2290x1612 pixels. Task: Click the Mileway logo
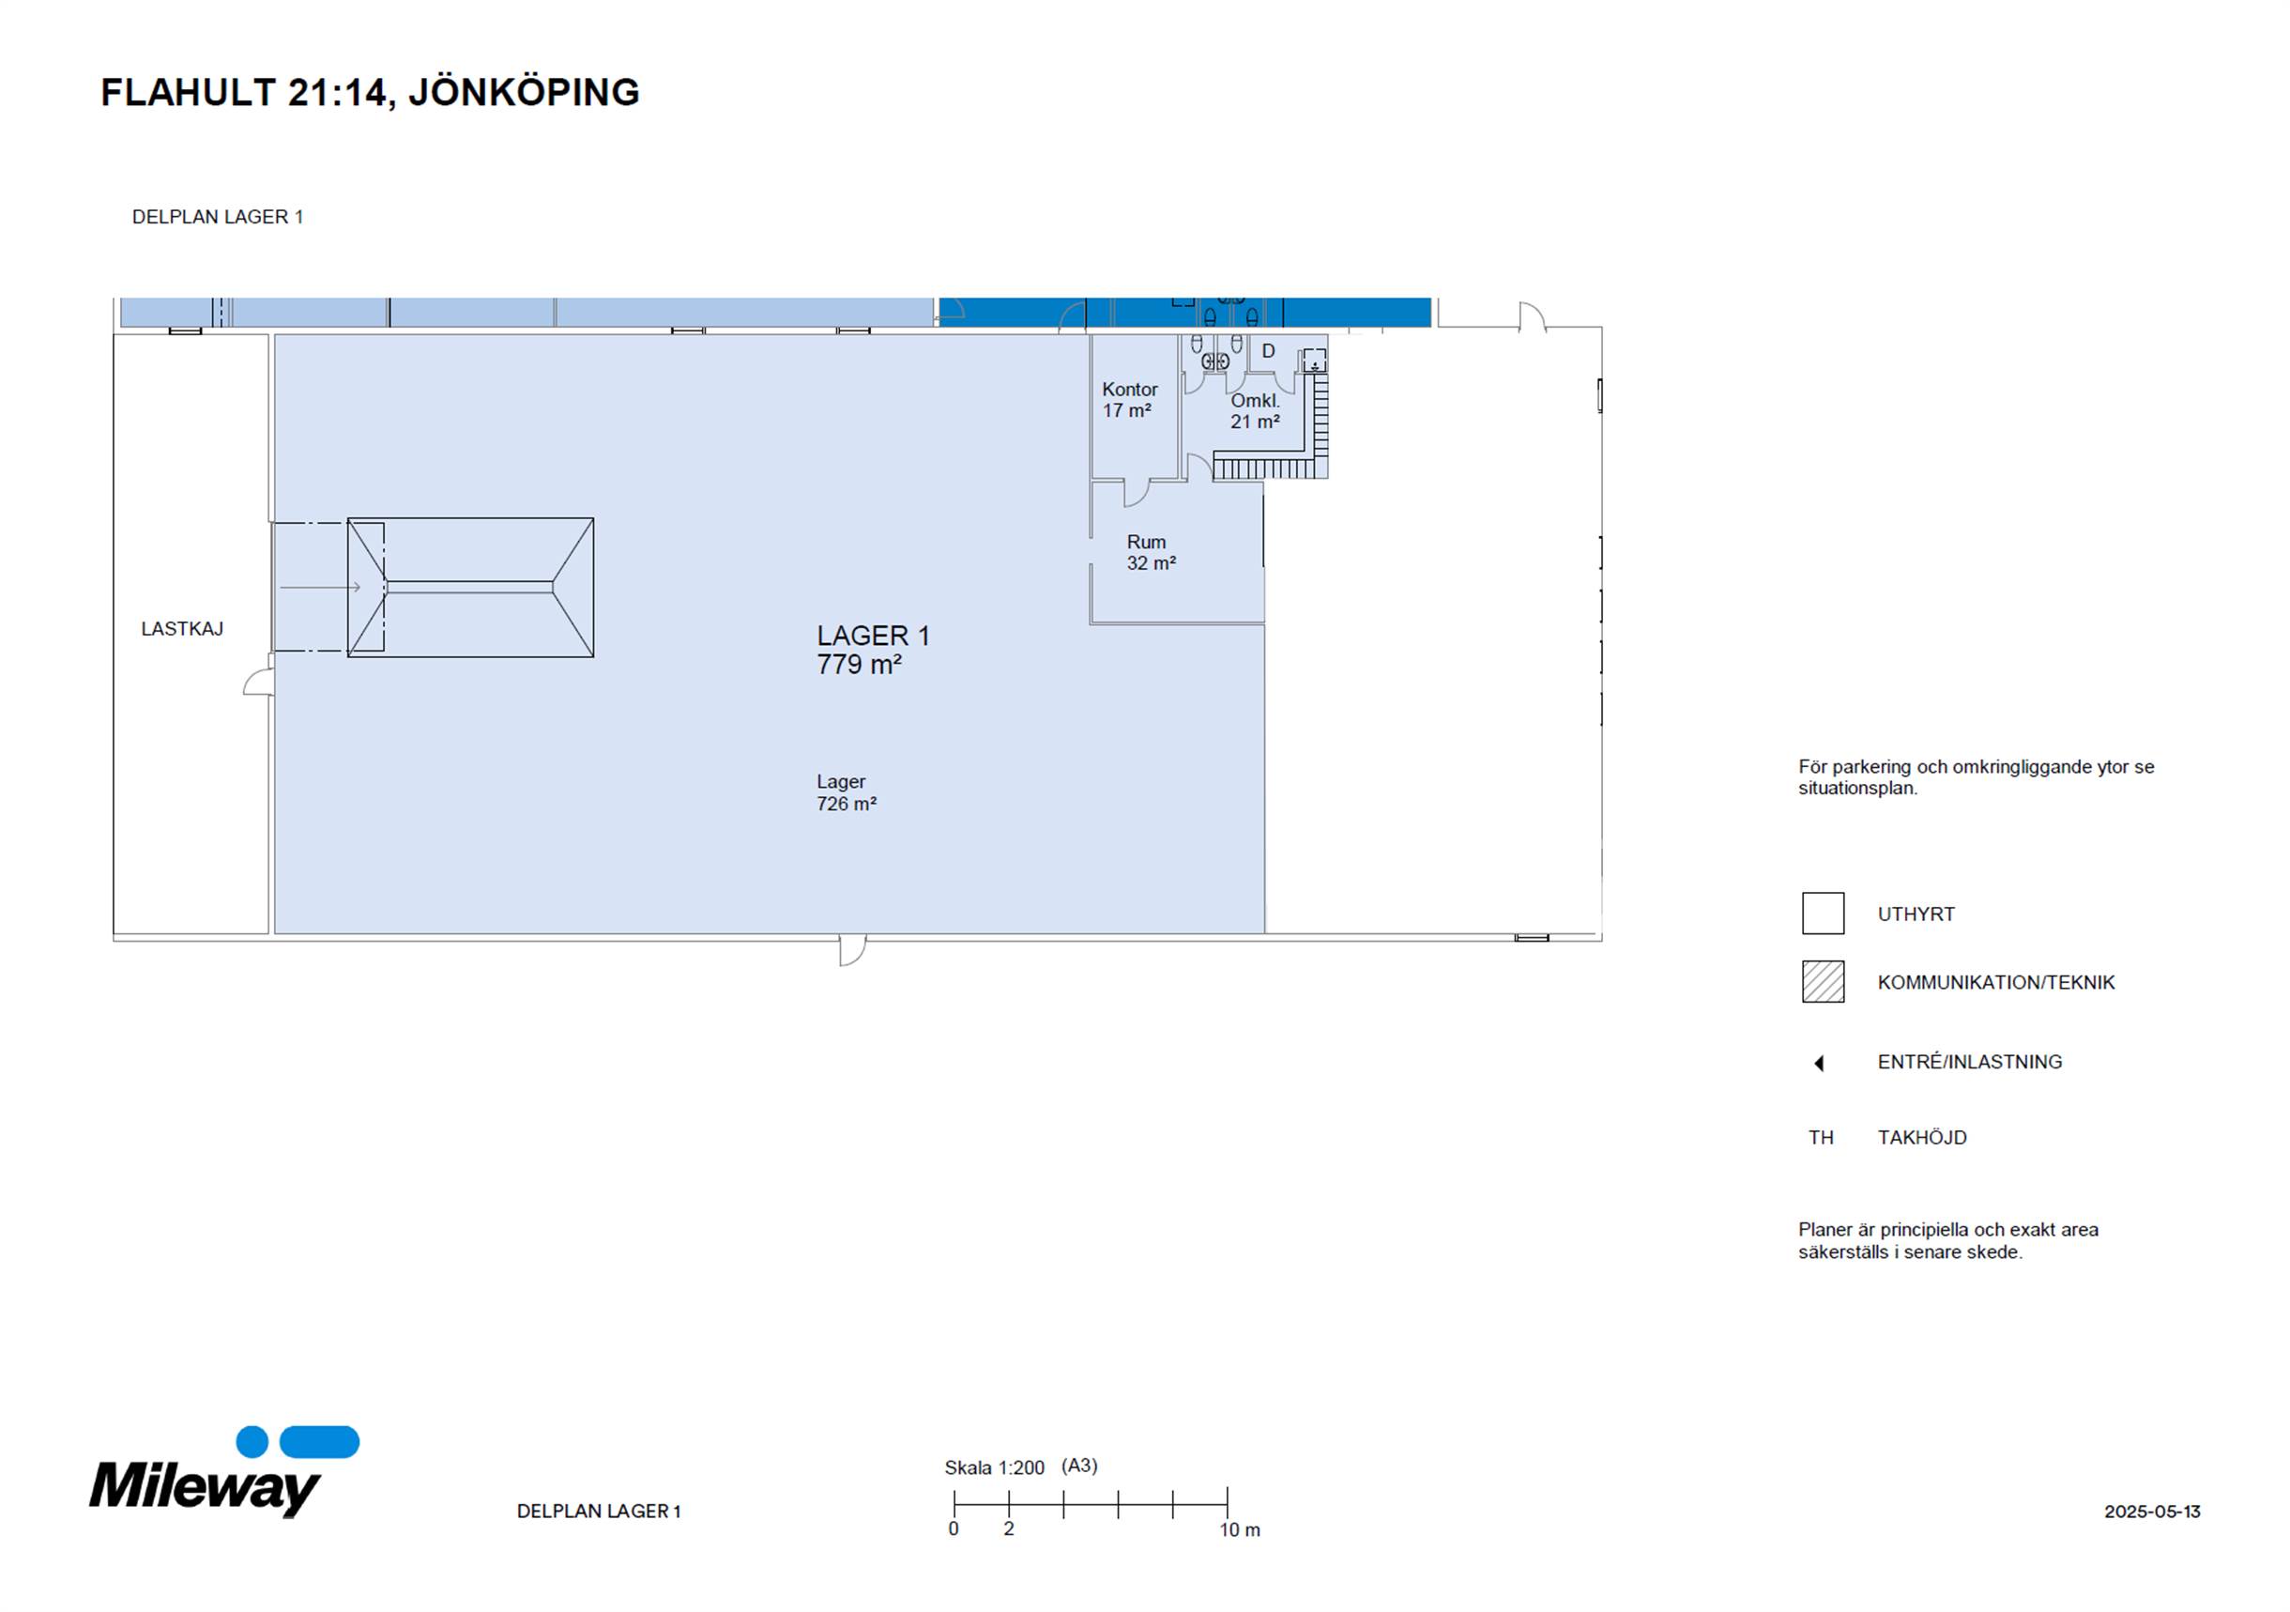(224, 1471)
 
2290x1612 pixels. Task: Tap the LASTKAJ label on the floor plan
(181, 629)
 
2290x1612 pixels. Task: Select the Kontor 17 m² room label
(1129, 400)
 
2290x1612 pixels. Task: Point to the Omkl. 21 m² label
(1255, 411)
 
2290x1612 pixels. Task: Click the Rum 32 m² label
(1151, 553)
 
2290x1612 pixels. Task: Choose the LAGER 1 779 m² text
(873, 650)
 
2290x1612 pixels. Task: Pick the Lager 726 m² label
(846, 793)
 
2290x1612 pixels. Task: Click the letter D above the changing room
(1269, 351)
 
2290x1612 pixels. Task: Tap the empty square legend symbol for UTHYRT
(1823, 913)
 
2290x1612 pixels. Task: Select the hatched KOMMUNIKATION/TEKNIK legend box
(1823, 982)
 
